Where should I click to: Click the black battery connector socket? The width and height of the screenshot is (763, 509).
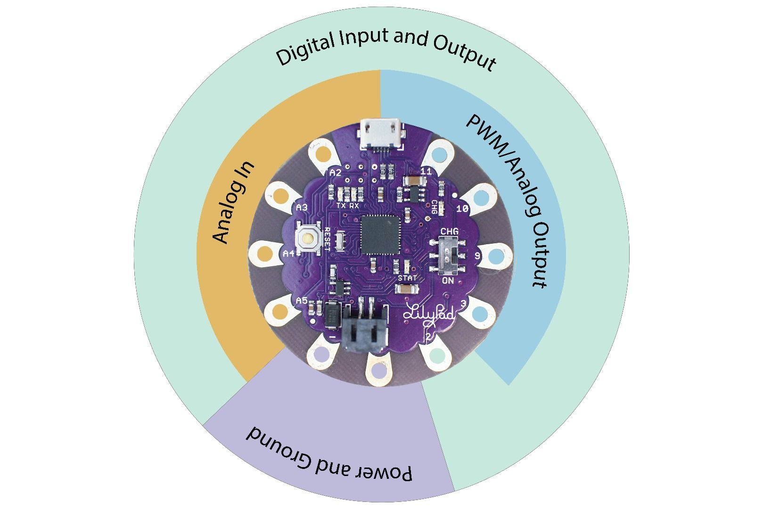(366, 333)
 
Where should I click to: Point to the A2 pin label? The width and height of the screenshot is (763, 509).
(335, 172)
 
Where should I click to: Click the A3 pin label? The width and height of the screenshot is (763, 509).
(302, 207)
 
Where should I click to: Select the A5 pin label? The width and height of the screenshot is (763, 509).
(302, 300)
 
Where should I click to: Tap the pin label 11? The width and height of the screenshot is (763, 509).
(426, 171)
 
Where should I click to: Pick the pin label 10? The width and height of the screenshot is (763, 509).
(462, 208)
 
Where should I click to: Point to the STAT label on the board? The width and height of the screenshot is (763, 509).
(407, 278)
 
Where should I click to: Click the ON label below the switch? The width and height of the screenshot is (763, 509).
(448, 281)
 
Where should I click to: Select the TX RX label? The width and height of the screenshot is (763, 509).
(348, 206)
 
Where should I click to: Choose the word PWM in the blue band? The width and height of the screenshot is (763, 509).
(487, 137)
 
